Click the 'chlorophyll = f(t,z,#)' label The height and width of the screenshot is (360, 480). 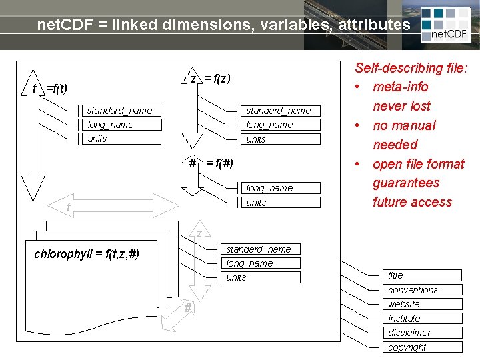(87, 253)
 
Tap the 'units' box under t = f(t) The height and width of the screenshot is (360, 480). (123, 139)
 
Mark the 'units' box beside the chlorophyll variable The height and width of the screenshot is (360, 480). (262, 277)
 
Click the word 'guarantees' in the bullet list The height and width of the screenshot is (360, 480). (406, 183)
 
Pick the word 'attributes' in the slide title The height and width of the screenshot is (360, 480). (374, 25)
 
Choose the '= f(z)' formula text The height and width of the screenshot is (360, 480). (217, 79)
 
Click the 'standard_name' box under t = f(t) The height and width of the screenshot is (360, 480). (123, 111)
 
